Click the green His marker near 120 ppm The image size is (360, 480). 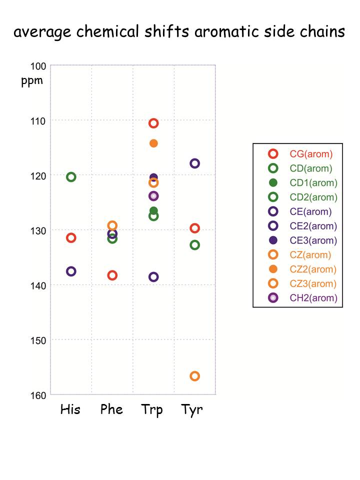pyautogui.click(x=71, y=177)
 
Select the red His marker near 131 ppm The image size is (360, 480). pyautogui.click(x=71, y=237)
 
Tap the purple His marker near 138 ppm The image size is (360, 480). pyautogui.click(x=71, y=271)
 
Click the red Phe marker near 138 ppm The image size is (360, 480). pyautogui.click(x=112, y=275)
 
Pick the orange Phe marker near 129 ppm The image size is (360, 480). pyautogui.click(x=112, y=225)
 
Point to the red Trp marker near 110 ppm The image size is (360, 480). pyautogui.click(x=153, y=123)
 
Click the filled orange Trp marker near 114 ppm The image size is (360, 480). pyautogui.click(x=153, y=143)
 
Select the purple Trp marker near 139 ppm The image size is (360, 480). pyautogui.click(x=153, y=277)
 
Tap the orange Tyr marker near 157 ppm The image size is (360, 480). pyautogui.click(x=195, y=376)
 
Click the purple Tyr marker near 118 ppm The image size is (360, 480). pyautogui.click(x=195, y=163)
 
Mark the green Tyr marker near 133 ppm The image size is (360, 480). pyautogui.click(x=195, y=245)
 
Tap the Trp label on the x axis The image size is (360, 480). pyautogui.click(x=152, y=410)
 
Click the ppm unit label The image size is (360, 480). pyautogui.click(x=32, y=81)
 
